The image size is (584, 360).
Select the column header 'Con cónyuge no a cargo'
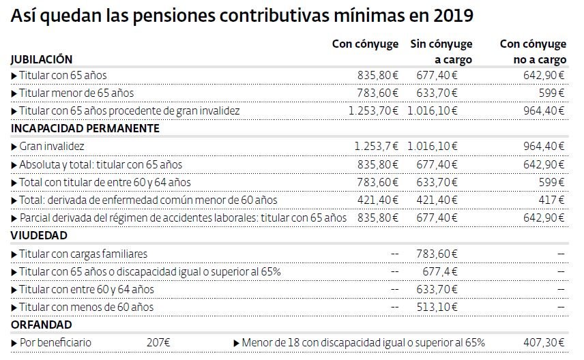click(x=533, y=51)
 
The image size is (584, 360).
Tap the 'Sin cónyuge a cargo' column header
click(x=441, y=51)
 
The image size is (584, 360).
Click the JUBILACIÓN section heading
click(x=41, y=59)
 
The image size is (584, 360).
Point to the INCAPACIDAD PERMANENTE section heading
click(x=85, y=128)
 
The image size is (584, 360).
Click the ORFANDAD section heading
click(x=40, y=325)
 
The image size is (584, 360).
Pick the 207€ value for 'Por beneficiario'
click(x=158, y=342)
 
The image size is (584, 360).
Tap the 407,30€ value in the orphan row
click(x=542, y=342)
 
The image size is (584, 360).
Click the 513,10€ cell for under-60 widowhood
click(x=437, y=307)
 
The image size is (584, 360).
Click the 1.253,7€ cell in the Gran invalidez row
click(x=377, y=146)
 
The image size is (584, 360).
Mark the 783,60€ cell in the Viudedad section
click(x=437, y=254)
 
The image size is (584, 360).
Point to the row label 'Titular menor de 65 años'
click(x=76, y=93)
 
